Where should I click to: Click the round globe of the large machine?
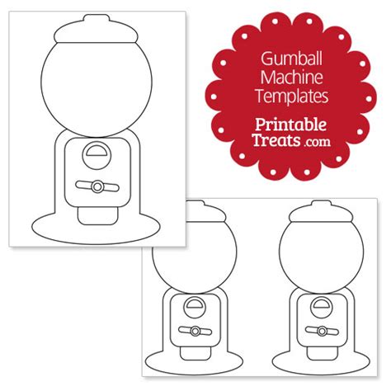pyautogui.click(x=97, y=87)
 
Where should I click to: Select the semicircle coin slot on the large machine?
pyautogui.click(x=97, y=153)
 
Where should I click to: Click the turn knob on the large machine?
pyautogui.click(x=97, y=186)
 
